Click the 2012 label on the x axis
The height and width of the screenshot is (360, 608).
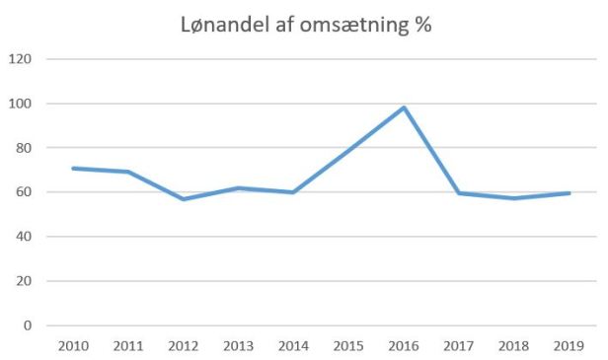[x=183, y=346]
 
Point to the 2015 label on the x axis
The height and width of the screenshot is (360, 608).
[x=348, y=346]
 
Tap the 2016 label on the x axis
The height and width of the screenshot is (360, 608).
[x=404, y=346]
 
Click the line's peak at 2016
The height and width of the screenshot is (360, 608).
[x=404, y=108]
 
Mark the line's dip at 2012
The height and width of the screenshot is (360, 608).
[x=183, y=199]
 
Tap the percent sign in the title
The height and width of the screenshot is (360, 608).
[x=423, y=26]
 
